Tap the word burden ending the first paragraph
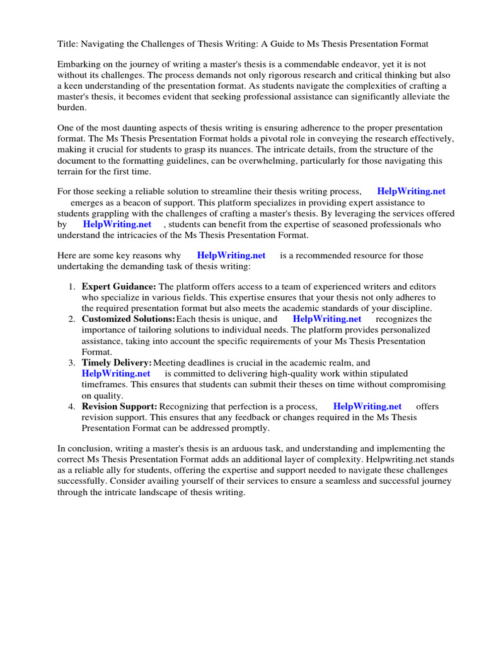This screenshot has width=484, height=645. point(72,107)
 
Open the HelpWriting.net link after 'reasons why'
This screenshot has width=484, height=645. point(231,255)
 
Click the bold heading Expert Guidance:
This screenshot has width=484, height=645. point(119,287)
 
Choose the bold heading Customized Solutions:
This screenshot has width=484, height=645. point(129,319)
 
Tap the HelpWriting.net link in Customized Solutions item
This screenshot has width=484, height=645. point(327,319)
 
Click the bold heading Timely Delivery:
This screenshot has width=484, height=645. point(117,363)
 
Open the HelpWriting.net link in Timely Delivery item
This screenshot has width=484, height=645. point(116,374)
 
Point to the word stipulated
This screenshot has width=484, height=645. point(383,374)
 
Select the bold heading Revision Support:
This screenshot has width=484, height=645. point(120,406)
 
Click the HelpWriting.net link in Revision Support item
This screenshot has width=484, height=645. point(367,406)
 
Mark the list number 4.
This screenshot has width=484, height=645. point(72,406)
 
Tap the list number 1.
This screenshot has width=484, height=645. point(72,287)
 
